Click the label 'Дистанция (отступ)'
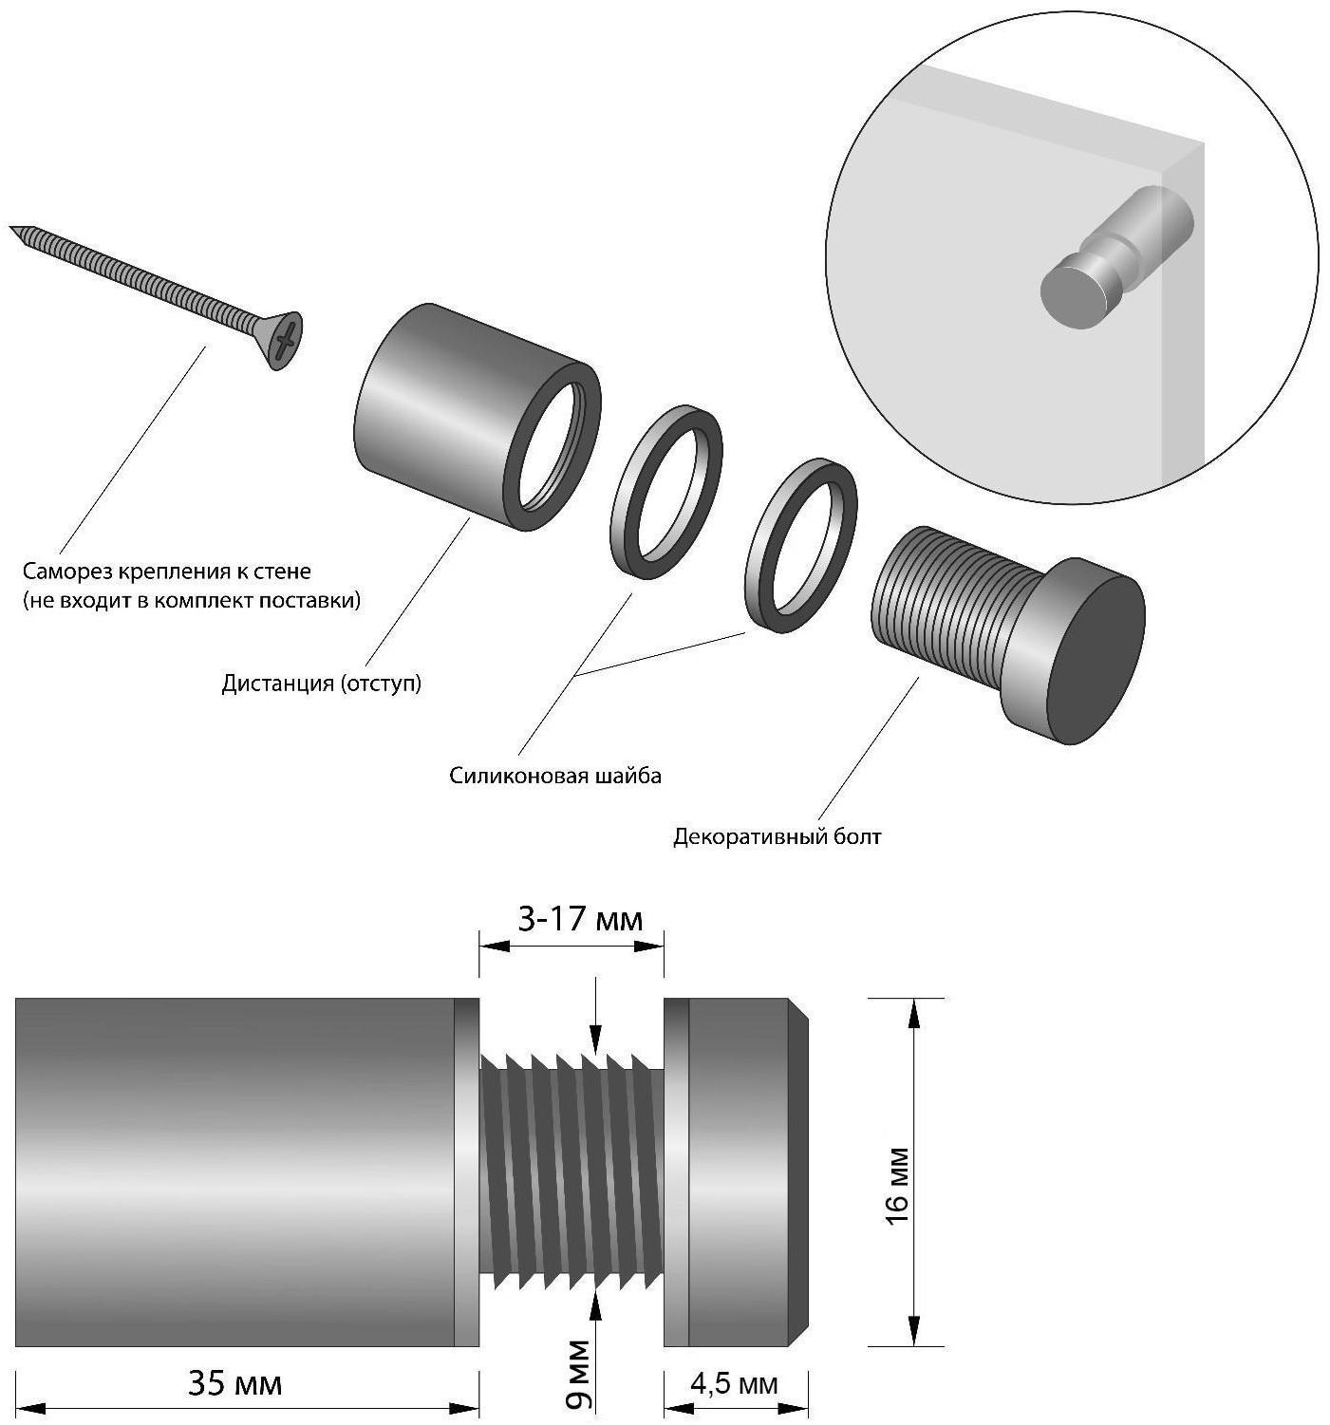click(x=321, y=684)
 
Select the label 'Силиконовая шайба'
click(x=555, y=776)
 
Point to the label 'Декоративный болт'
click(x=777, y=836)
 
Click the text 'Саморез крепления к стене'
click(x=167, y=572)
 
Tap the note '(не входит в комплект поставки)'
click(x=192, y=600)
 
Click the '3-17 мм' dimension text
click(x=579, y=919)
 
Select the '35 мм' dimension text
click(x=234, y=1383)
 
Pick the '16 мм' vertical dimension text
click(x=897, y=1187)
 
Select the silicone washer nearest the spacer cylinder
click(x=665, y=491)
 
